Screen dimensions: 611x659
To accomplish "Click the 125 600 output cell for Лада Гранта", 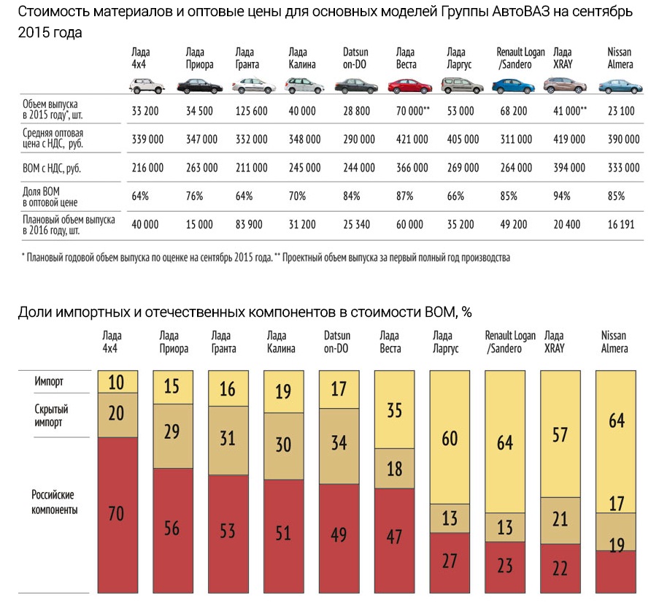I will (251, 110).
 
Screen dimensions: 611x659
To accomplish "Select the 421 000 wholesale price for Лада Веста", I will (412, 139).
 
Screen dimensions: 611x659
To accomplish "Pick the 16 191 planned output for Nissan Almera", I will (623, 225).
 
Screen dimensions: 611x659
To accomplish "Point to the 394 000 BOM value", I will (570, 168).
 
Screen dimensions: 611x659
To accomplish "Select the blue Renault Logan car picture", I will (514, 86).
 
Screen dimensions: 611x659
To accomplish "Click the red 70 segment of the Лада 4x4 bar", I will (117, 513).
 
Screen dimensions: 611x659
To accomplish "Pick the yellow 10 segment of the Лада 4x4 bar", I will (117, 381).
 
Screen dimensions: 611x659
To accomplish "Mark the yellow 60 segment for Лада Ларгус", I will (451, 437).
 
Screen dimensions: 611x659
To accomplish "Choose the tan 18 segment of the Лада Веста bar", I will (395, 468).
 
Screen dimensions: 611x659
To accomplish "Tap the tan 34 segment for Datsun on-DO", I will (339, 442).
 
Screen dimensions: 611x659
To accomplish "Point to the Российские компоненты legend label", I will (55, 502).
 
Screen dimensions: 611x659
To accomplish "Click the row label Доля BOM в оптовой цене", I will (55, 196).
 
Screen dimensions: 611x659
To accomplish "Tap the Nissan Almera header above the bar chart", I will (614, 342).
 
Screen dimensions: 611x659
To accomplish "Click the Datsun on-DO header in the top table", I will (355, 58).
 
